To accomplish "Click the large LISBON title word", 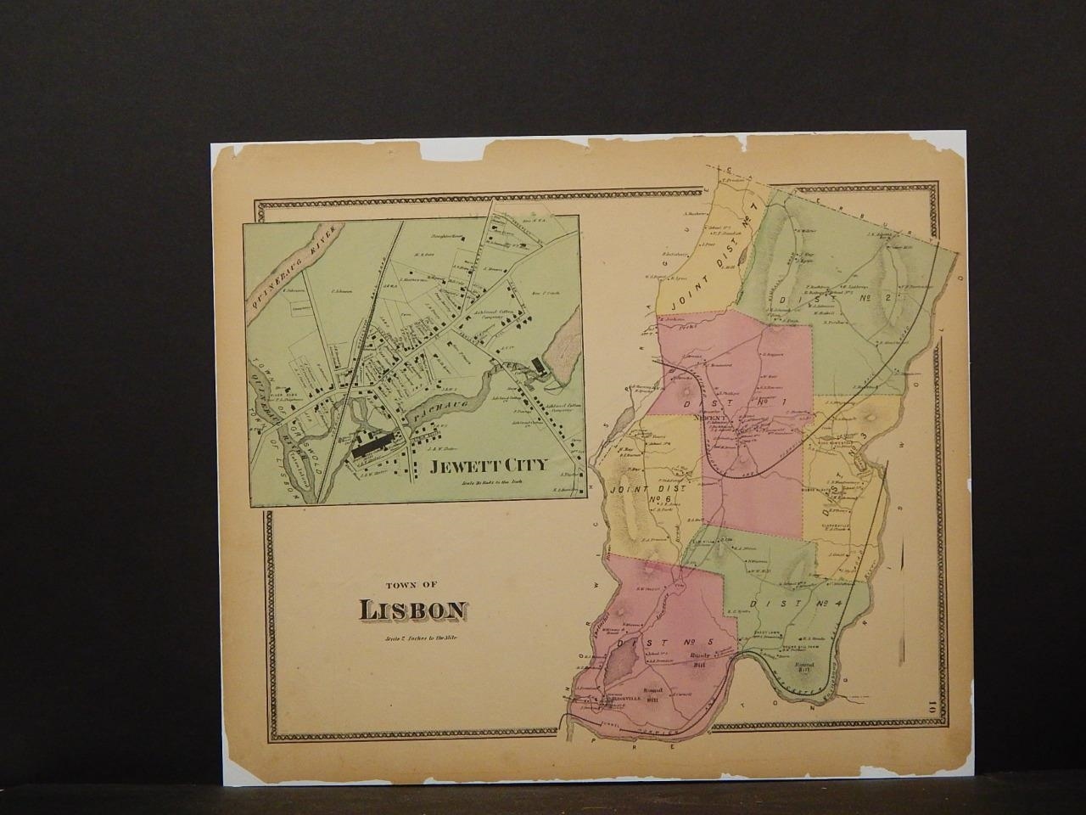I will click(413, 610).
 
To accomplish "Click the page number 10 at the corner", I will click(932, 704).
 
